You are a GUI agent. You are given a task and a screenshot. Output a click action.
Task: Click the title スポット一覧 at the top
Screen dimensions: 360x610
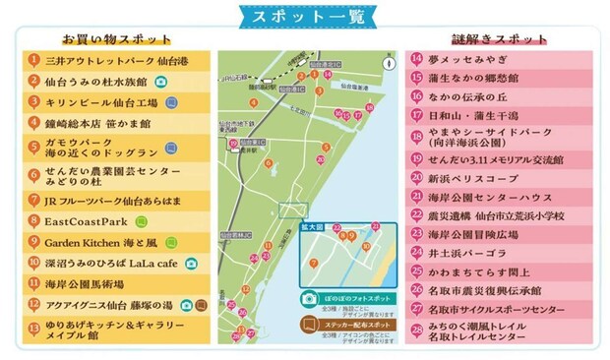click(304, 17)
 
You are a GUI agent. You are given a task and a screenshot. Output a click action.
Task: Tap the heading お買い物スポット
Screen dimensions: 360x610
click(116, 39)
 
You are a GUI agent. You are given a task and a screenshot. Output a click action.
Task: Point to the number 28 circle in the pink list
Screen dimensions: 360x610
click(417, 334)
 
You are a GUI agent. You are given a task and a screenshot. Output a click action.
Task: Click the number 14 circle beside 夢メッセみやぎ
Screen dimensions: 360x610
click(417, 59)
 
